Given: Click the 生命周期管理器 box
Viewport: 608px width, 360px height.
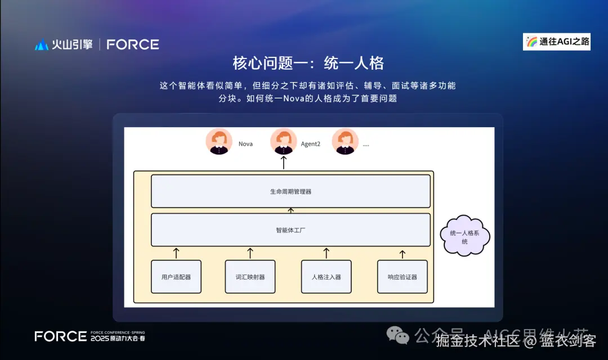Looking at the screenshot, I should tap(290, 191).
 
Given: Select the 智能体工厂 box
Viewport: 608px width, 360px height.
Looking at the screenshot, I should tap(290, 229).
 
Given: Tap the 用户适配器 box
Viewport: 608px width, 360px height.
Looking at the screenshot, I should tap(176, 277).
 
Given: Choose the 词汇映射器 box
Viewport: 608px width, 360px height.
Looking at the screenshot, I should tap(251, 277).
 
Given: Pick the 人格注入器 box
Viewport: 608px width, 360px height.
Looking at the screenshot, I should tap(327, 277).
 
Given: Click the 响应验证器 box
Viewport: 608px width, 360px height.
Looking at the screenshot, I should tap(403, 277).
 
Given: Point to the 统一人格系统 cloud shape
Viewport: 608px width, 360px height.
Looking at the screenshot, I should tap(465, 237).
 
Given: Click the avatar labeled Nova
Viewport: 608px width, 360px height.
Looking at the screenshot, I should tap(219, 142).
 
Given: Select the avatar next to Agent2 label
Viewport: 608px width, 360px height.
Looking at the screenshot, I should tap(284, 142).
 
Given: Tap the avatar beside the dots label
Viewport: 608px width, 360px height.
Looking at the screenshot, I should tap(345, 142).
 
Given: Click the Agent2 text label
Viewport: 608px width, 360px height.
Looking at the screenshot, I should tap(310, 144).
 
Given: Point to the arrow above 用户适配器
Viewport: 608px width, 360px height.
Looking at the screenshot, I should tap(176, 253).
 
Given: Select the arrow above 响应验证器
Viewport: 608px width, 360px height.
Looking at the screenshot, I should tap(403, 254).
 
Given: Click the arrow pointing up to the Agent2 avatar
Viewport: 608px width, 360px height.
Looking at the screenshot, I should tap(284, 163).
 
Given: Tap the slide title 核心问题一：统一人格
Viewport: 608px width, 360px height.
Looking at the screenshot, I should tap(308, 63).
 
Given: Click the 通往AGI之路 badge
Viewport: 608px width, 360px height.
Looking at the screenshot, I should tap(556, 42).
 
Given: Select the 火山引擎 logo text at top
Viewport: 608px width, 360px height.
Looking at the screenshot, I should tap(72, 44).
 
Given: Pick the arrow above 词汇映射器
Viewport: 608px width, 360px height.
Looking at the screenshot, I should tap(251, 253).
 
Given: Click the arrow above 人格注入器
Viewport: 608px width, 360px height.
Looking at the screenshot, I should tap(327, 253).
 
